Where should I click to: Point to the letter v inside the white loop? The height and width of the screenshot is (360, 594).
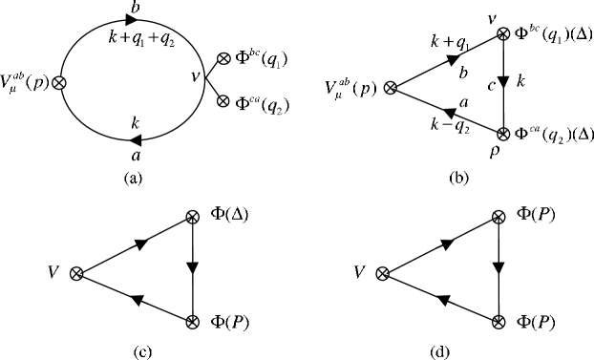pos(196,74)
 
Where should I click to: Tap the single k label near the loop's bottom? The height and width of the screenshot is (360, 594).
pos(136,122)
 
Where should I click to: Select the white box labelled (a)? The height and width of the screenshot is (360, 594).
pos(136,178)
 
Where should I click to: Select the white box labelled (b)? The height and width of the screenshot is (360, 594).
pos(460,178)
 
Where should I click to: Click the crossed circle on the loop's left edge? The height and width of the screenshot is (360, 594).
pos(59,83)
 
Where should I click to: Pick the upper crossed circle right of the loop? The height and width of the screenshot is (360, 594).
pos(223,58)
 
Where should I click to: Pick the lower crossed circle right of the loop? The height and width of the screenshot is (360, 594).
pos(223,100)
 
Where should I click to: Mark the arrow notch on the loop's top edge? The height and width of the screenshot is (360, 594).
pos(126,21)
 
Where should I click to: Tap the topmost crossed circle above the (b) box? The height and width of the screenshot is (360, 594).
pos(503,34)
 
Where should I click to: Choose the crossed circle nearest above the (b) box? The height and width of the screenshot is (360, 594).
pos(503,135)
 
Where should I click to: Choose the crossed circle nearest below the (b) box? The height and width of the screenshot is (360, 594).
pos(498,218)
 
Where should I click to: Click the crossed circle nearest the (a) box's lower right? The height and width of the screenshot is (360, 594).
pos(192,218)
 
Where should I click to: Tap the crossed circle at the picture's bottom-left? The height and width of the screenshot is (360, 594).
pos(76,274)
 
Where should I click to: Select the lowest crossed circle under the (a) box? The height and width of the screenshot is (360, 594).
pos(192,322)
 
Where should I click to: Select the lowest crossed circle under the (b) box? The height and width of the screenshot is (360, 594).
pos(498,322)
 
